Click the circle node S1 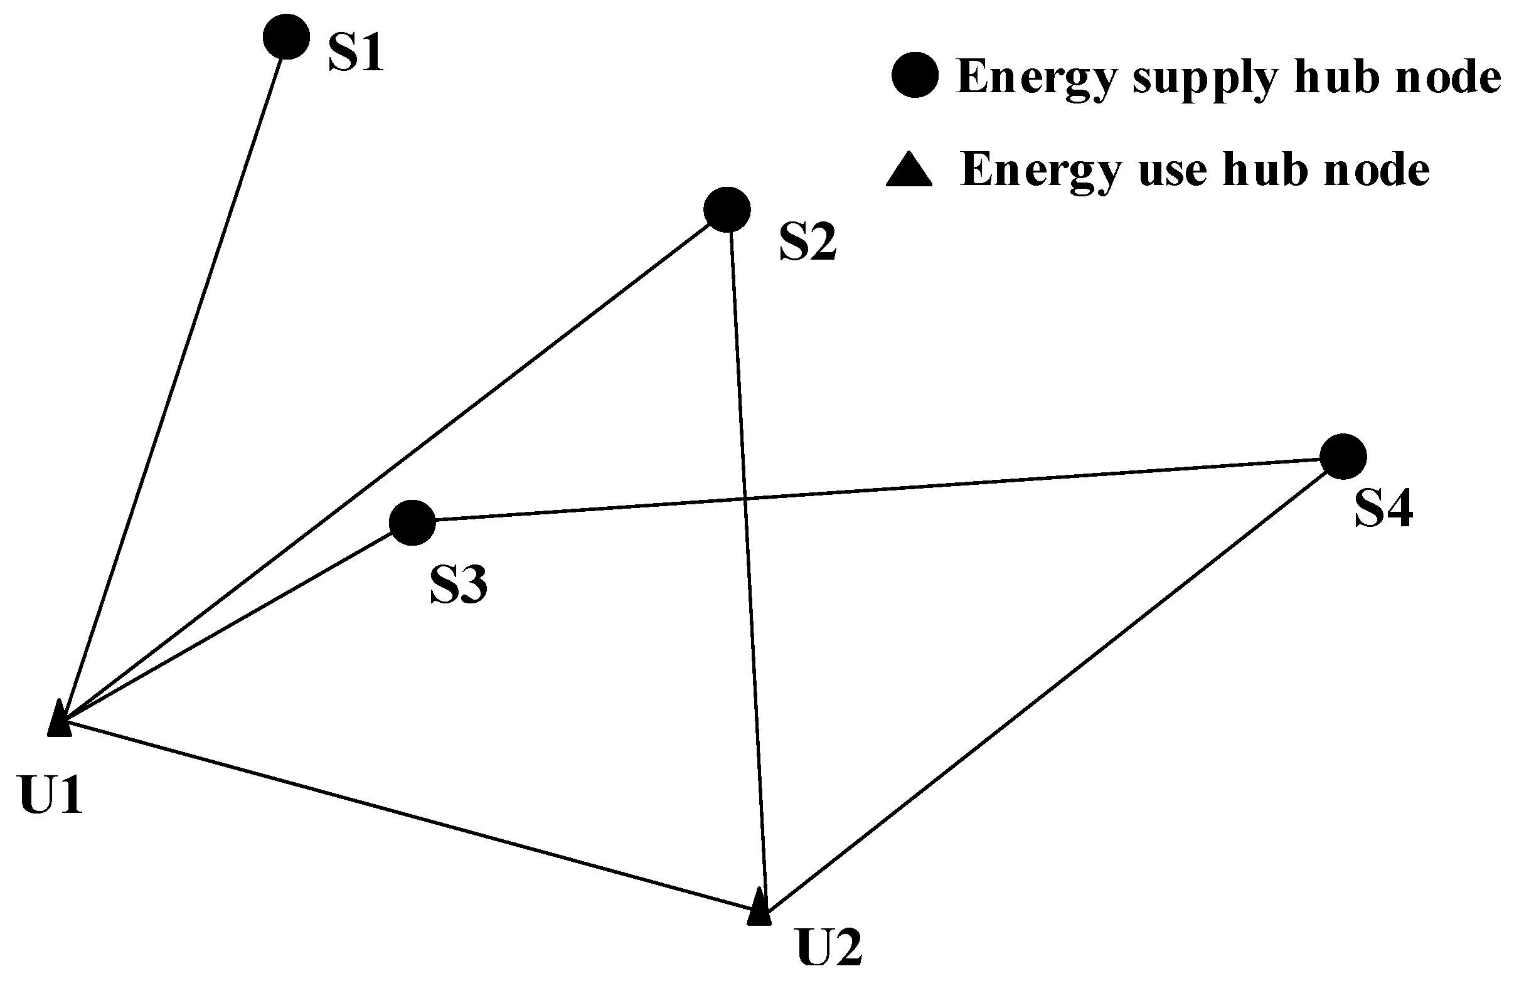click(x=287, y=37)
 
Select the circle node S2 click(x=727, y=209)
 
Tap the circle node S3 click(x=412, y=522)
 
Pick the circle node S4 click(x=1343, y=456)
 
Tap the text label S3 click(x=458, y=585)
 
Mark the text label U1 click(x=51, y=795)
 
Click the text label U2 click(x=829, y=948)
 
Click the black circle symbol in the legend click(x=915, y=75)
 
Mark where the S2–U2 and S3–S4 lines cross click(x=745, y=498)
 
